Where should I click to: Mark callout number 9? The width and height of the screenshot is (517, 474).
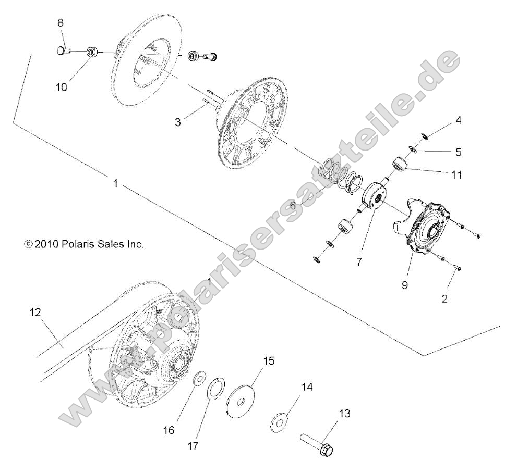405,286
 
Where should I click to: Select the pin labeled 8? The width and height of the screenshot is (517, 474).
63,51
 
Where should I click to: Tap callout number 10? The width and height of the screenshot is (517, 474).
62,88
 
